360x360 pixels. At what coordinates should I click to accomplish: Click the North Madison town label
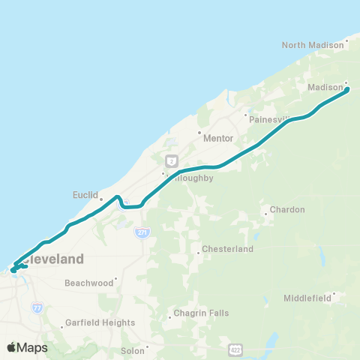click(312, 45)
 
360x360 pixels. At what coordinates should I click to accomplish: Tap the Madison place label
click(325, 88)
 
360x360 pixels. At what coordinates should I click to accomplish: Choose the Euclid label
click(85, 195)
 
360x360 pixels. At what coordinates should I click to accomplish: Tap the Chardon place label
click(287, 210)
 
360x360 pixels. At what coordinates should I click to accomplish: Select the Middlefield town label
click(307, 298)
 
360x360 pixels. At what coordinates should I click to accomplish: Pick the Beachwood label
click(88, 283)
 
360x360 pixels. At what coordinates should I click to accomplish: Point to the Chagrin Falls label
click(198, 318)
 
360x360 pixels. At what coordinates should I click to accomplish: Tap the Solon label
click(132, 350)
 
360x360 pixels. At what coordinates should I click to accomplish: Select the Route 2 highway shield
click(172, 160)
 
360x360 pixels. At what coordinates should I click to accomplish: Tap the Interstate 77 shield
click(37, 307)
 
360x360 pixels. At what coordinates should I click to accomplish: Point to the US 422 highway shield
click(236, 349)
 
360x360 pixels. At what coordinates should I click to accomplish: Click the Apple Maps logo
click(27, 347)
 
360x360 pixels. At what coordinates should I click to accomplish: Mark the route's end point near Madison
click(348, 90)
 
